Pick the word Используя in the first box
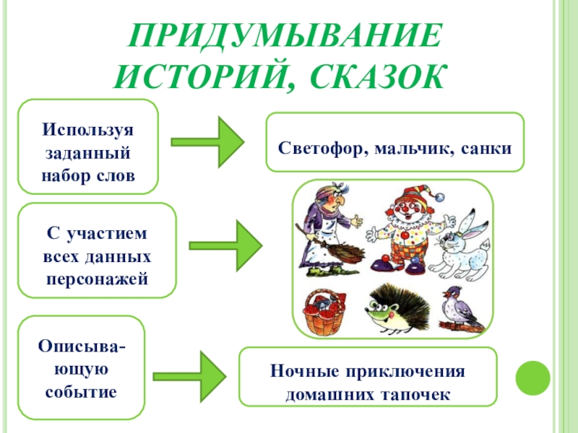[x=88, y=129]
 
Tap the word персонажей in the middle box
[x=98, y=277]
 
